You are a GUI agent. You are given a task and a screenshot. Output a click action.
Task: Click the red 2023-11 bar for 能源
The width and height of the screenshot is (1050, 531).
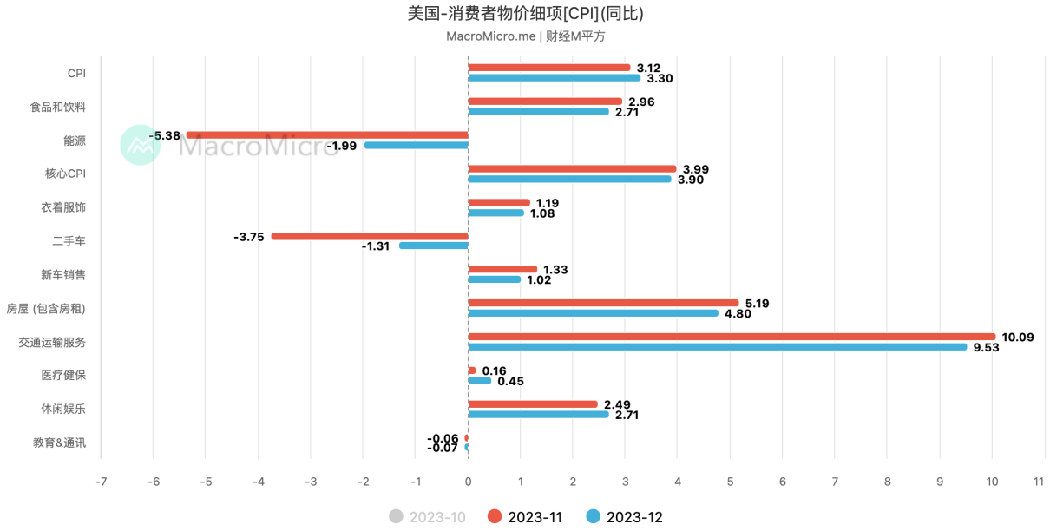tap(327, 135)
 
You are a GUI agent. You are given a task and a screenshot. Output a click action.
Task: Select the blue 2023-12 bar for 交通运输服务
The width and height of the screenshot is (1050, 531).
tap(717, 347)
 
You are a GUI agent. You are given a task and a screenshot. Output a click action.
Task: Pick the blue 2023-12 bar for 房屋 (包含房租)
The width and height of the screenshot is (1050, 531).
tap(593, 313)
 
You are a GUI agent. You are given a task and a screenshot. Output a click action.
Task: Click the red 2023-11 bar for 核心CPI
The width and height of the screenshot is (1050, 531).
tap(572, 169)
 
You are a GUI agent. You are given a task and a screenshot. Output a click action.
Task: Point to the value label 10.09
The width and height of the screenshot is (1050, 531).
tap(1018, 337)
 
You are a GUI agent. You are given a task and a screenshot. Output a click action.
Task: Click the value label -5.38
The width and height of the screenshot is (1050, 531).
tap(165, 135)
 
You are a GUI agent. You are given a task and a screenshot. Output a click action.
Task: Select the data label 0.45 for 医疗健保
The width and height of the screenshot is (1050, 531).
tap(510, 381)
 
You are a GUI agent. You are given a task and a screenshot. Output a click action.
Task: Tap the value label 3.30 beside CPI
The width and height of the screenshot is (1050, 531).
tap(660, 78)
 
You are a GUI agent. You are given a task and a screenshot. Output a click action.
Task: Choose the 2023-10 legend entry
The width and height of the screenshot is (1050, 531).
tap(427, 517)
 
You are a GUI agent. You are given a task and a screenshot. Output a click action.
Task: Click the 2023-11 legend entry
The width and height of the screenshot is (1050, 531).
tap(526, 517)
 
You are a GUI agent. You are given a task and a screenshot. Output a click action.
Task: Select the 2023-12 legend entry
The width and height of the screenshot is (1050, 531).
tap(625, 517)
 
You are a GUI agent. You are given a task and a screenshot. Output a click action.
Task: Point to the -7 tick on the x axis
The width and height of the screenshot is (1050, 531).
tap(101, 482)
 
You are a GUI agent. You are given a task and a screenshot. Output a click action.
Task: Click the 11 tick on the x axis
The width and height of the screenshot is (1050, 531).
tap(1039, 482)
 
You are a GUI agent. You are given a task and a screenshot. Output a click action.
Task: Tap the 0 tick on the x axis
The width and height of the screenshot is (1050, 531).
tap(468, 482)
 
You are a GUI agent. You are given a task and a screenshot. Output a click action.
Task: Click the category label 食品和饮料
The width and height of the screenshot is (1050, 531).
tap(57, 107)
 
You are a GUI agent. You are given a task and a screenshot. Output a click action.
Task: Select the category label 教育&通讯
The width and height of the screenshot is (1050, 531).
tap(59, 442)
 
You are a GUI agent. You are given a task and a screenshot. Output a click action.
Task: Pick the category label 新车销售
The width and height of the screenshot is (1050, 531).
tap(63, 275)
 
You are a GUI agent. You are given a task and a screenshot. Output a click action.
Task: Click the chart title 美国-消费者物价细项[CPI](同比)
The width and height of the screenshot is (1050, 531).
tap(525, 14)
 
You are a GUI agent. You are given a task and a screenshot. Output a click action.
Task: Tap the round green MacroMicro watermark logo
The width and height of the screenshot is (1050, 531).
tap(141, 145)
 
